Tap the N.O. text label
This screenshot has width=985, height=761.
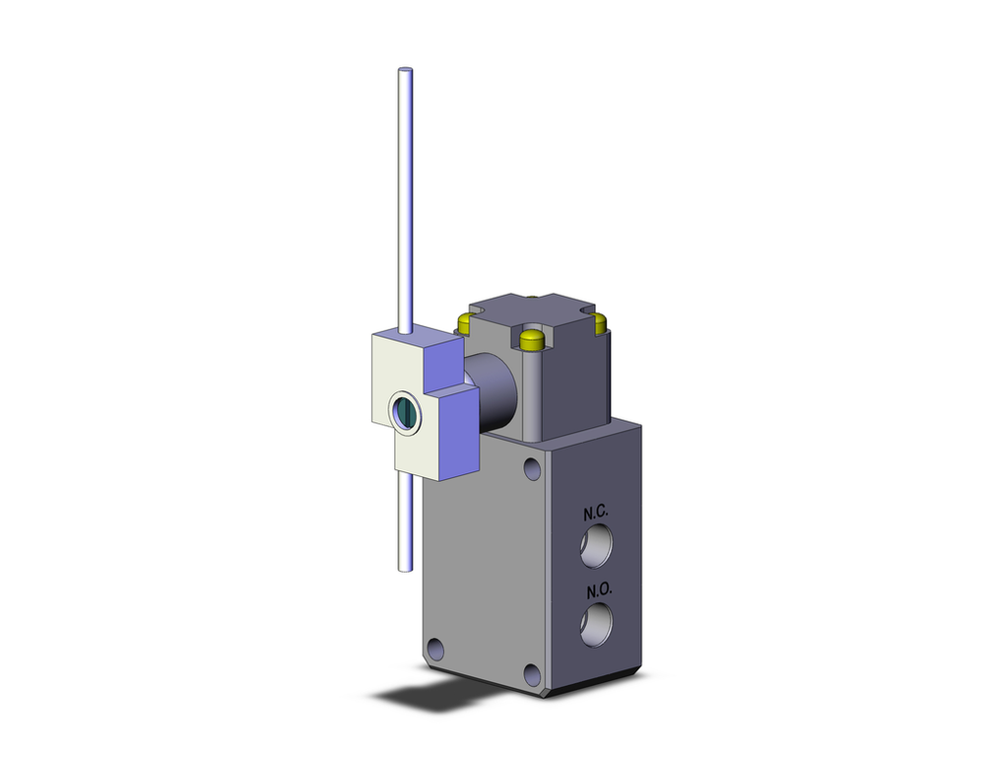(x=599, y=590)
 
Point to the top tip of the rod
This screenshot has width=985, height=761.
(x=403, y=71)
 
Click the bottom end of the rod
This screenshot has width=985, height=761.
(x=403, y=567)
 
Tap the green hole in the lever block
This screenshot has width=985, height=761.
(x=404, y=411)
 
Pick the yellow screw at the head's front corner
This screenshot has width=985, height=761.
(x=531, y=342)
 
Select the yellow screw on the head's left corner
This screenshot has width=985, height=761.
(x=465, y=319)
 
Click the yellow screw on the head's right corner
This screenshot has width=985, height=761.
(x=599, y=321)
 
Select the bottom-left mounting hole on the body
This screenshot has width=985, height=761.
(x=436, y=651)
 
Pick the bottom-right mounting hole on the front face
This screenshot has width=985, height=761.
(x=532, y=674)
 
